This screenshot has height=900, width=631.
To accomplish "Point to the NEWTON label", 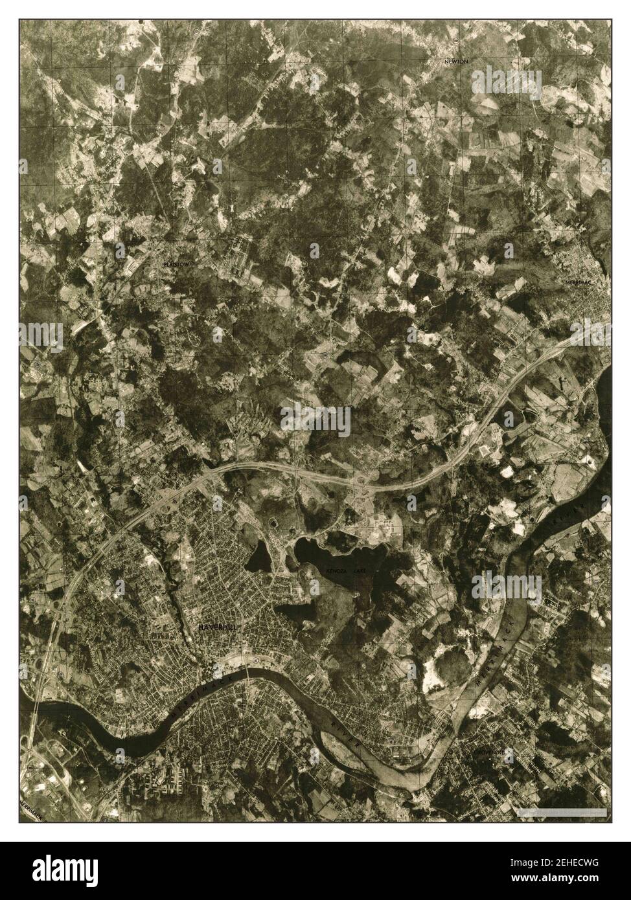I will pyautogui.click(x=456, y=61).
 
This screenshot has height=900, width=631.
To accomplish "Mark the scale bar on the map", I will pyautogui.click(x=561, y=811).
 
